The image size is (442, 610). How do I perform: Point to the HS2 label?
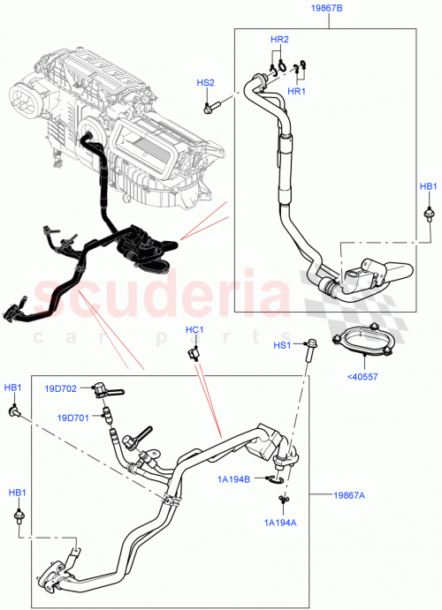(x=205, y=82)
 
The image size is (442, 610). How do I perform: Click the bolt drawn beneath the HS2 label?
(x=210, y=109)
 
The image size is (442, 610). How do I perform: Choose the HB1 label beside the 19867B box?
(x=428, y=186)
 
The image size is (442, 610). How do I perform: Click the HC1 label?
(x=194, y=330)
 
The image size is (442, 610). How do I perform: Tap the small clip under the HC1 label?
(x=191, y=355)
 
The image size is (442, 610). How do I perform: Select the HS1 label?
(x=281, y=344)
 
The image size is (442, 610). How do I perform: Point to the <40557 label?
(x=362, y=375)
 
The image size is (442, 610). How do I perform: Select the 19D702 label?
(x=62, y=388)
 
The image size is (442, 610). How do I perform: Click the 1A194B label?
(x=233, y=478)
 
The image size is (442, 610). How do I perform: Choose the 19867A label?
(x=349, y=494)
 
